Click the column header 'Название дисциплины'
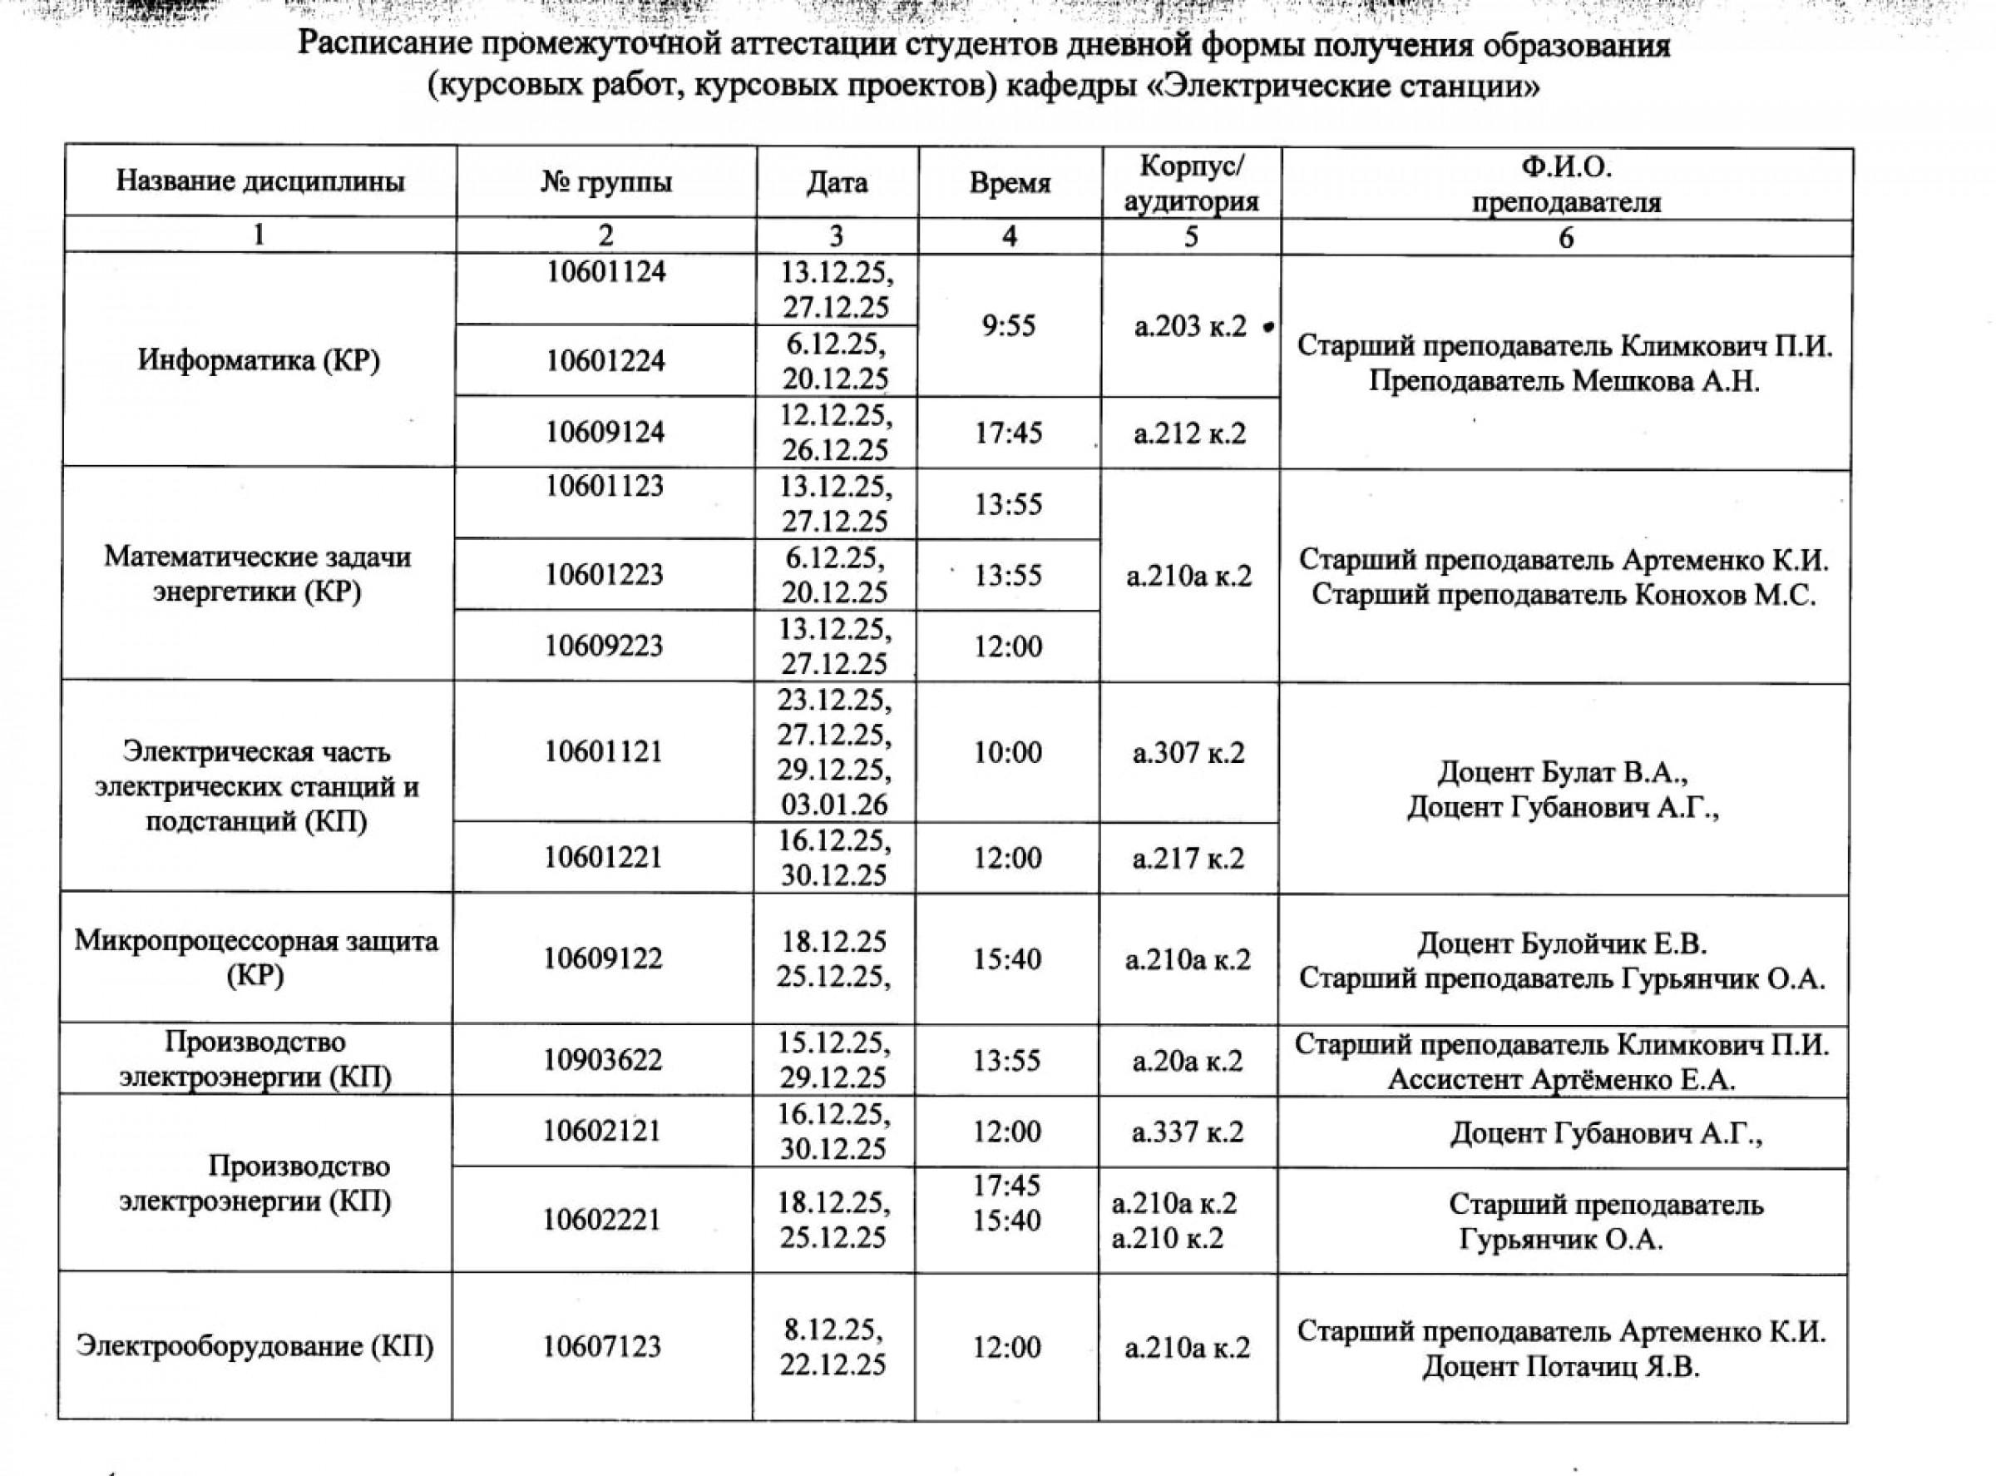pyautogui.click(x=259, y=182)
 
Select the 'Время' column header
pyautogui.click(x=1009, y=184)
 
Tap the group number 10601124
pyautogui.click(x=606, y=271)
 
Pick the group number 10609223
pyautogui.click(x=605, y=646)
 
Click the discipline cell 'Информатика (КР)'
pyautogui.click(x=259, y=360)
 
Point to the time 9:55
pyautogui.click(x=1009, y=326)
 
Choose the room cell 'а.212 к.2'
pyautogui.click(x=1188, y=434)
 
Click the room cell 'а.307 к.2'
pyautogui.click(x=1188, y=753)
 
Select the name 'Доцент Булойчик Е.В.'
pyautogui.click(x=1562, y=944)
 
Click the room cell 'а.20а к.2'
pyautogui.click(x=1188, y=1062)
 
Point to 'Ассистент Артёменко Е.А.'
pyautogui.click(x=1562, y=1080)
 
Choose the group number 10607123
pyautogui.click(x=603, y=1345)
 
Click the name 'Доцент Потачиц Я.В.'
pyautogui.click(x=1561, y=1367)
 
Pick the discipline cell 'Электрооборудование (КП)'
pyautogui.click(x=255, y=1345)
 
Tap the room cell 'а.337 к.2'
pyautogui.click(x=1188, y=1133)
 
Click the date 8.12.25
pyautogui.click(x=833, y=1330)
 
